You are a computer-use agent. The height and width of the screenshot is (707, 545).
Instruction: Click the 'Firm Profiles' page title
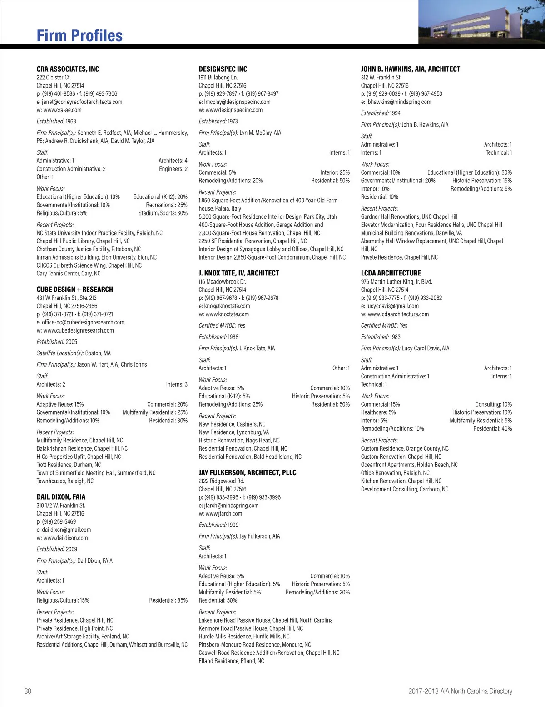[x=79, y=36]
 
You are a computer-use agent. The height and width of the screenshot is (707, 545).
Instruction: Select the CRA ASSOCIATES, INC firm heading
[x=68, y=69]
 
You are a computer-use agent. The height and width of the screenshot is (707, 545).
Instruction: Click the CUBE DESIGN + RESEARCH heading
[x=74, y=290]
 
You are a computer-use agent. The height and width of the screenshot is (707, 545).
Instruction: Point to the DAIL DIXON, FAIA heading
[x=61, y=497]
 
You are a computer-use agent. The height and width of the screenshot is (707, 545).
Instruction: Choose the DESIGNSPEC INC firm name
[x=223, y=69]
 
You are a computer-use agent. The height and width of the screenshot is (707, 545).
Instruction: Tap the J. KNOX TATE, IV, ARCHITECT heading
[x=238, y=273]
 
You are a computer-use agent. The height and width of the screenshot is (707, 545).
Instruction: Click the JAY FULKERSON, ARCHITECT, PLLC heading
[x=247, y=472]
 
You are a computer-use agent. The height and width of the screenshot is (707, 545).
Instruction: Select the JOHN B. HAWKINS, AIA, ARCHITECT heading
[x=410, y=69]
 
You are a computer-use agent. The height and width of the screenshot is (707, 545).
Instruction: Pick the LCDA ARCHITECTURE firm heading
[x=391, y=273]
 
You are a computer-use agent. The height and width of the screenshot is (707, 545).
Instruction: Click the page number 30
[x=28, y=691]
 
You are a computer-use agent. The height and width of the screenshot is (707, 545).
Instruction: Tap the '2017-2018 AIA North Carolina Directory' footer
[x=460, y=691]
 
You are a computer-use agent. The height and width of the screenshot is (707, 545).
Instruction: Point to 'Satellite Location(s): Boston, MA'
[x=74, y=353]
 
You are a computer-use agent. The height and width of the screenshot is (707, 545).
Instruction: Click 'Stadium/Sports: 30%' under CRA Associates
[x=163, y=213]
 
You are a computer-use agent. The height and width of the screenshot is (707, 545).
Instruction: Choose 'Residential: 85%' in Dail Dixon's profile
[x=168, y=600]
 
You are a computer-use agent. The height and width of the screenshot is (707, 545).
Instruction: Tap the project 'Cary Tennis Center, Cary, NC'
[x=69, y=274]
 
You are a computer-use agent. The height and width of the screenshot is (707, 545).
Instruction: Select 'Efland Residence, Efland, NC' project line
[x=231, y=661]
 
